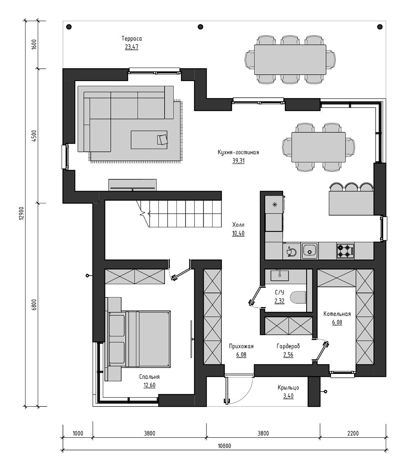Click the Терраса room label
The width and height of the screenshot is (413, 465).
[132, 39]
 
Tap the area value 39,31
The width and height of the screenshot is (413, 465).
[238, 161]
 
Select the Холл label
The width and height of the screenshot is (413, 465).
[238, 225]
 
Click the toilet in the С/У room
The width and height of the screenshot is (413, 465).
[298, 297]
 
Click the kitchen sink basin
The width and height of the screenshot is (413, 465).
[310, 251]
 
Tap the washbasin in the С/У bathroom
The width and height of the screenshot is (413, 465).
[280, 275]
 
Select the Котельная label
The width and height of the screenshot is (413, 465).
[337, 314]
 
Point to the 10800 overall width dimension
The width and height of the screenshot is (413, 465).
[224, 446]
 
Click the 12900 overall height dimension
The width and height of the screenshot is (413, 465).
[21, 213]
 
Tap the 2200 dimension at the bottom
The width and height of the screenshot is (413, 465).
[353, 433]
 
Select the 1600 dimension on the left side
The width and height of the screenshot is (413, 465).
[34, 45]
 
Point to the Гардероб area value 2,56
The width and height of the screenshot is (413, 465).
[288, 355]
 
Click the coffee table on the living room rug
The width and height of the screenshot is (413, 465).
[149, 140]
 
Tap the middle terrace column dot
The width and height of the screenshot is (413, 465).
[201, 27]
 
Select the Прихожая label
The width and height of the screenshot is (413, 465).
[241, 346]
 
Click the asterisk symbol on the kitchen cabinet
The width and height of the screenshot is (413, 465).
[274, 205]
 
